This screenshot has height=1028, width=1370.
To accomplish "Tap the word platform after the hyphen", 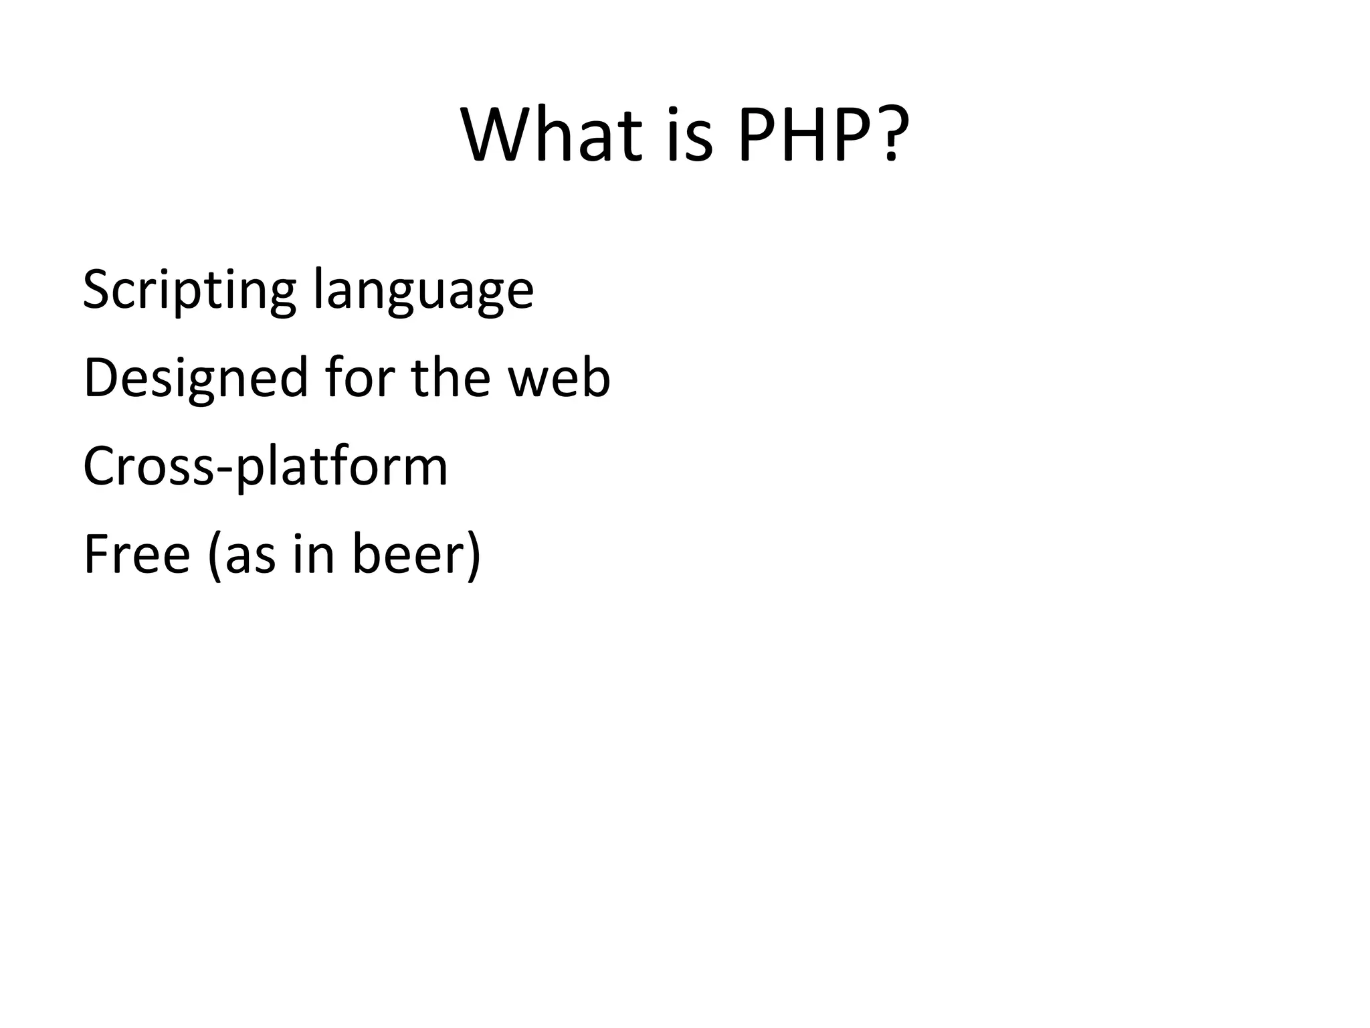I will (x=342, y=467).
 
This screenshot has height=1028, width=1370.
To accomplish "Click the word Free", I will (x=137, y=554).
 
